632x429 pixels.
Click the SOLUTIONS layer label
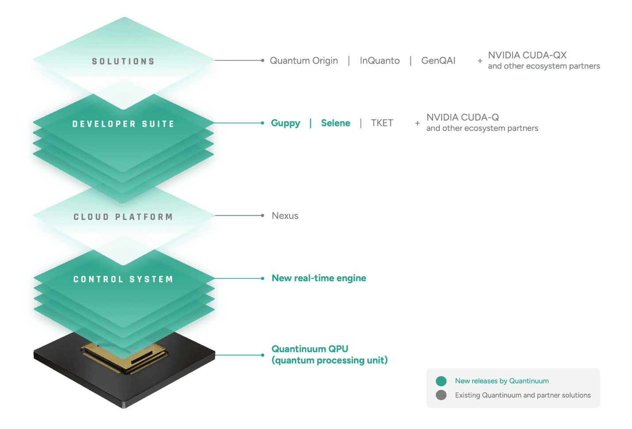[x=123, y=61]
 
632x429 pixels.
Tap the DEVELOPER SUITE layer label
[x=123, y=124]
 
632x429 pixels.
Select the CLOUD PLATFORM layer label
[x=123, y=217]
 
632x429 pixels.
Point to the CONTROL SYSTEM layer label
[x=123, y=280]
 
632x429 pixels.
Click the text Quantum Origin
[x=304, y=61]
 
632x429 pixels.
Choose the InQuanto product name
[x=379, y=61]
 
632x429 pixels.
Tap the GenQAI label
[x=438, y=61]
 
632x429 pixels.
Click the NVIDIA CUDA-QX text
[x=527, y=55]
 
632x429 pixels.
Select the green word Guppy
[x=285, y=123]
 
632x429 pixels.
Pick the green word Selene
[x=336, y=123]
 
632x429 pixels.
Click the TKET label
[x=382, y=123]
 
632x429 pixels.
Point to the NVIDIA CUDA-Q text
[x=463, y=118]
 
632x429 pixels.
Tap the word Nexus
[x=285, y=216]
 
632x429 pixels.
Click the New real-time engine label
[x=319, y=278]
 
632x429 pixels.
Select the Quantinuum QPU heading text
[x=310, y=349]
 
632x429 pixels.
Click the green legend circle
[x=441, y=381]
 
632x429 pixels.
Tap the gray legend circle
[x=441, y=395]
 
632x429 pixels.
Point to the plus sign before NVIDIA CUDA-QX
[x=480, y=61]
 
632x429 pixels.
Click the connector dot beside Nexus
[x=263, y=215]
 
